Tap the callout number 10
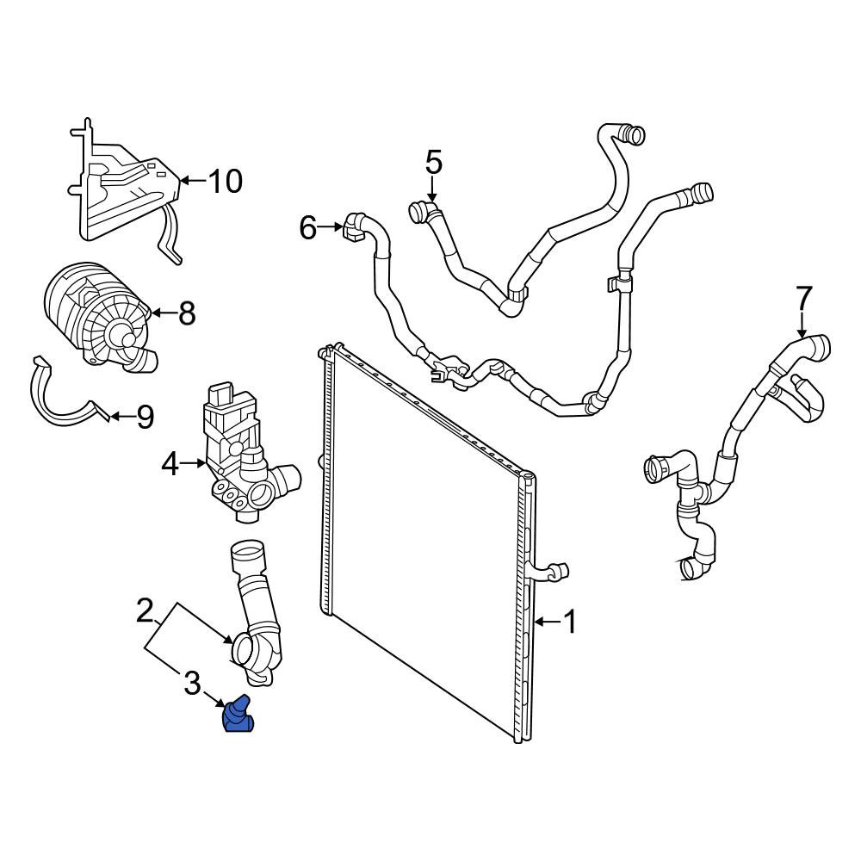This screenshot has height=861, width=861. tap(225, 181)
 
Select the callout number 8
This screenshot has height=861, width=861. tap(187, 313)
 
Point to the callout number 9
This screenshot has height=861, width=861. tap(145, 418)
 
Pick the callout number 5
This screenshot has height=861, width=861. tap(433, 163)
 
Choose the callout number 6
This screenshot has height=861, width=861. tap(308, 227)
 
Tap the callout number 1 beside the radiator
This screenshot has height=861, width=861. tap(571, 622)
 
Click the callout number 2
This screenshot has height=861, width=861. tap(145, 610)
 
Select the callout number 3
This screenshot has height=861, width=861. tap(192, 684)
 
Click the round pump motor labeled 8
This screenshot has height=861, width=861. tap(99, 317)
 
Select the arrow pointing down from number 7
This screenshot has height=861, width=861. tap(802, 325)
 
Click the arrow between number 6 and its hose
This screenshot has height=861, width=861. tap(331, 226)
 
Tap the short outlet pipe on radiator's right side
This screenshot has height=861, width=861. tap(549, 572)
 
